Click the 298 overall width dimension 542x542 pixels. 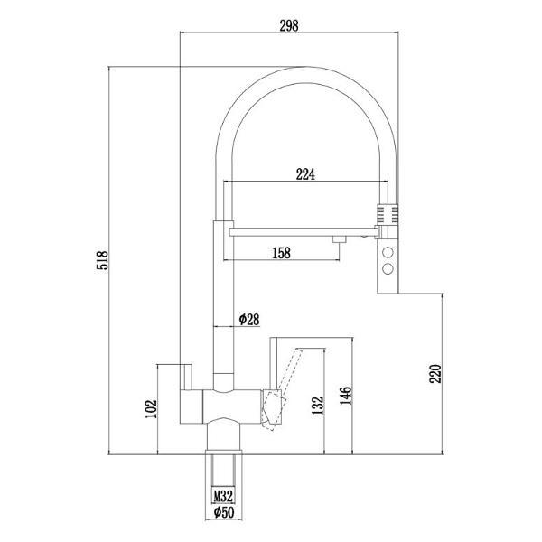[289, 25]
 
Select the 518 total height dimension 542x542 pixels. [102, 260]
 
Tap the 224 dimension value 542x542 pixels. [305, 174]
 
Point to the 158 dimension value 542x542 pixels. [281, 253]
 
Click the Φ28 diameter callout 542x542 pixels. [249, 320]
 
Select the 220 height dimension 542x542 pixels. [435, 374]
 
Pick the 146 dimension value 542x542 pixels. [345, 396]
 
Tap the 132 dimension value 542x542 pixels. [318, 406]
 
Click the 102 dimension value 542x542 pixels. [151, 409]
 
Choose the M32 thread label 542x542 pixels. [223, 497]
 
